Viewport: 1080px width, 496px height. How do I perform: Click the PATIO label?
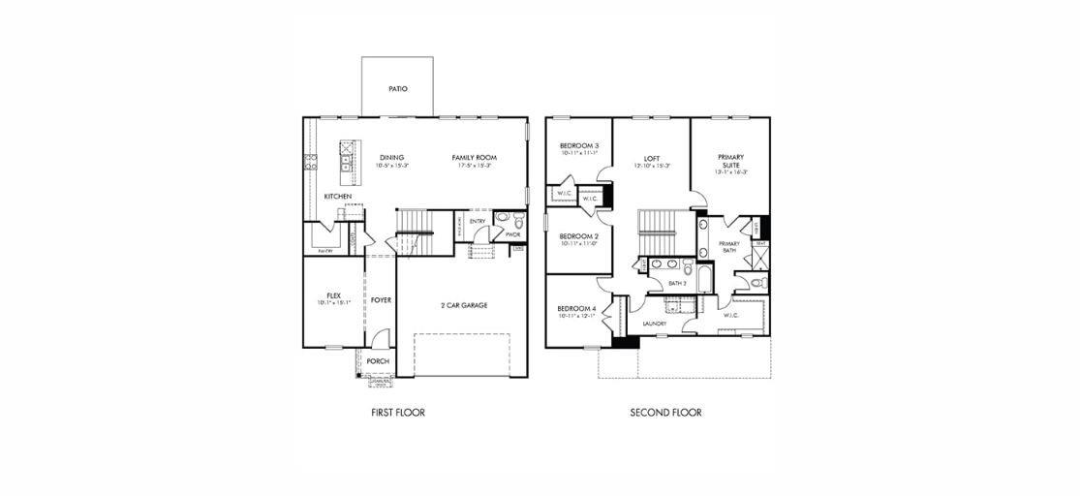[x=398, y=88]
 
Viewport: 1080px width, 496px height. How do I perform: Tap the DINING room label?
[x=391, y=157]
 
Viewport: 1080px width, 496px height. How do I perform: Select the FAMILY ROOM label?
[x=474, y=157]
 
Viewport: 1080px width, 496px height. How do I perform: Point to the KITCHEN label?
[x=338, y=197]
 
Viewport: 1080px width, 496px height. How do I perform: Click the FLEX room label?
[x=333, y=295]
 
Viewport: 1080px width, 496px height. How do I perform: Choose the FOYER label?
[x=381, y=300]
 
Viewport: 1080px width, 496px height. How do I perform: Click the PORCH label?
[x=378, y=361]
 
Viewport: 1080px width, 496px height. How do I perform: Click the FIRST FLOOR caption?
[x=398, y=413]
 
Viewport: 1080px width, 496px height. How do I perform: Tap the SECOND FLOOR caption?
[x=665, y=413]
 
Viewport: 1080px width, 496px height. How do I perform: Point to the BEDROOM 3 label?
[x=578, y=145]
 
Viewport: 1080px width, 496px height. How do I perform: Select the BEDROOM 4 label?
[x=576, y=308]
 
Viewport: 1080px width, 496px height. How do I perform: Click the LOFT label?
[x=651, y=158]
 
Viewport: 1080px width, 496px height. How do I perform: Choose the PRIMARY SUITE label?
[x=730, y=161]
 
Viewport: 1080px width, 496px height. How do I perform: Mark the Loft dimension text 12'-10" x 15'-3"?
[x=651, y=166]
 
